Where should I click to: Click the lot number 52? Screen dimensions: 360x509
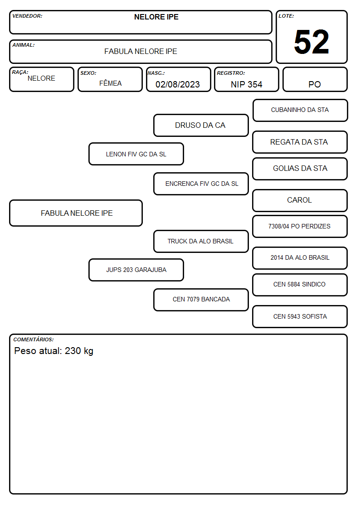(311, 42)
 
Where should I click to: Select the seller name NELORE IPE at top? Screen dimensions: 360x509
(156, 17)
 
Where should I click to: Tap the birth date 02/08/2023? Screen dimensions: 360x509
(178, 84)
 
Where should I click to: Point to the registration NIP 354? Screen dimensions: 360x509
(246, 84)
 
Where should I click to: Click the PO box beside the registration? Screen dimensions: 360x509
(315, 79)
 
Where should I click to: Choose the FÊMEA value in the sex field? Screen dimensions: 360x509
(110, 83)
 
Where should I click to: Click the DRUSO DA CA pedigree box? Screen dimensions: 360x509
(201, 125)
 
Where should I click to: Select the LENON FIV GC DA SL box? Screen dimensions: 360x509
(136, 154)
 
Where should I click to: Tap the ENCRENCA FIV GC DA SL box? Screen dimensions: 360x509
(201, 184)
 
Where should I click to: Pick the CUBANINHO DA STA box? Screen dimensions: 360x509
(300, 111)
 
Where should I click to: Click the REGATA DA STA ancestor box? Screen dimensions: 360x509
(300, 142)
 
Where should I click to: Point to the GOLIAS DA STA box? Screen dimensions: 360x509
(300, 169)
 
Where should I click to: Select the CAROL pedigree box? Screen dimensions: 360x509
(300, 201)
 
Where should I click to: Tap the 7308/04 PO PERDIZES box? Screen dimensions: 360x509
(300, 227)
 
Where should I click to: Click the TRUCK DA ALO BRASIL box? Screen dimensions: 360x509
(201, 242)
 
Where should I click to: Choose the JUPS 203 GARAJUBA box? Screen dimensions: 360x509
(136, 270)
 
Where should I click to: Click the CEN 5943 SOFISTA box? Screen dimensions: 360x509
(300, 317)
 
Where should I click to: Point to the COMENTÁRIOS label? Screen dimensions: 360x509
(34, 339)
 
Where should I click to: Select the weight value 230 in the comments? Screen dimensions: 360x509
(73, 350)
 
